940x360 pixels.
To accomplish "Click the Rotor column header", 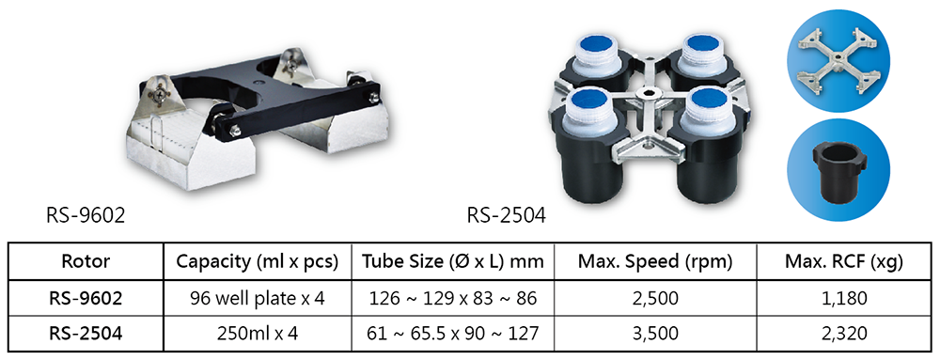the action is point(86,261).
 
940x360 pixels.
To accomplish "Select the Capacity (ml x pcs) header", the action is point(258,261).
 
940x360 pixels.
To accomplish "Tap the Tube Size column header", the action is point(453,261).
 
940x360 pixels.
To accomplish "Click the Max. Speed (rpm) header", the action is point(655,261).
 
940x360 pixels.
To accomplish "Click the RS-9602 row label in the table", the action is point(86,298).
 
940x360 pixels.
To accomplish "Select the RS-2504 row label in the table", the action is point(86,333).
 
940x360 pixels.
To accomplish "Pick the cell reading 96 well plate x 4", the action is point(258,298).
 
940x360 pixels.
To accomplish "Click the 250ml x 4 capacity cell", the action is point(258,333).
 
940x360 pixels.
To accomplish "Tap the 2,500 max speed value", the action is point(655,298).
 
